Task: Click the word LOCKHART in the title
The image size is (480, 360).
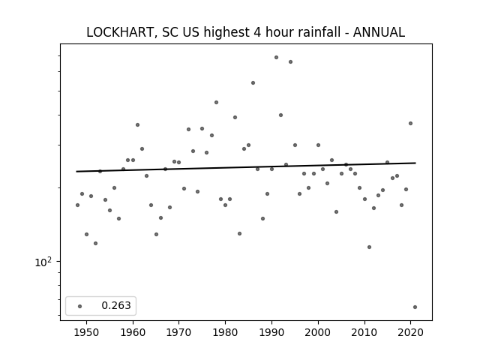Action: point(120,32)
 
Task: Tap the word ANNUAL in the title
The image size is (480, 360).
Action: point(379,32)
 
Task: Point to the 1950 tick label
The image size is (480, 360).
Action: point(87,332)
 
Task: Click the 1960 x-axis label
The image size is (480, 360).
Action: point(133,332)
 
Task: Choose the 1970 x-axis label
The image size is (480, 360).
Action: point(179,332)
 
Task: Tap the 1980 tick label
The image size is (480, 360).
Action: point(226,332)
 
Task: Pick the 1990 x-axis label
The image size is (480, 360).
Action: point(271,332)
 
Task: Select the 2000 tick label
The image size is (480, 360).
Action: point(318,332)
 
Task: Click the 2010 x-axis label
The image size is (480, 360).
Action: point(364,332)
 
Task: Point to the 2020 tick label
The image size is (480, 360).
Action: point(411,332)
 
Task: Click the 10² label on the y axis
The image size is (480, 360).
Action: point(43,262)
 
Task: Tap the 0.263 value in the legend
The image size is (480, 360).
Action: point(116,305)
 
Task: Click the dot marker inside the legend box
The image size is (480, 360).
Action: point(80,306)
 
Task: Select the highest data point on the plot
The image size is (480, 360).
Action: point(276,57)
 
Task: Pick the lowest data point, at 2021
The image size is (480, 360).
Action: point(415,307)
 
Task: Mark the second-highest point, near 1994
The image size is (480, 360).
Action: point(290,61)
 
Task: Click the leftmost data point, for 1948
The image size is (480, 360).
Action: point(77,205)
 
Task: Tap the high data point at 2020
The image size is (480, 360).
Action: point(410,123)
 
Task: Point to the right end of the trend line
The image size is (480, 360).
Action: point(415,163)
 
